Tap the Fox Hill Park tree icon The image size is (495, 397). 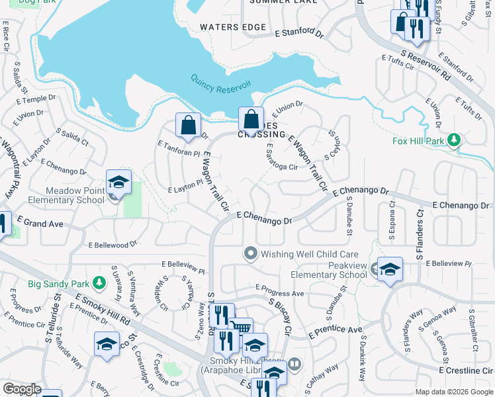click(x=453, y=140)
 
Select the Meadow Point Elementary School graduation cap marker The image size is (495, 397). click(x=118, y=181)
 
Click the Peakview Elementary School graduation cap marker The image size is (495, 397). click(x=390, y=269)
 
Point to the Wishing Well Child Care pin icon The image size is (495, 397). click(x=250, y=253)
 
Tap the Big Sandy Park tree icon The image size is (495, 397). click(x=99, y=284)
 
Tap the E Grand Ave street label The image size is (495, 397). click(x=40, y=224)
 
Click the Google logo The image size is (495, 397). click(x=22, y=389)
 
